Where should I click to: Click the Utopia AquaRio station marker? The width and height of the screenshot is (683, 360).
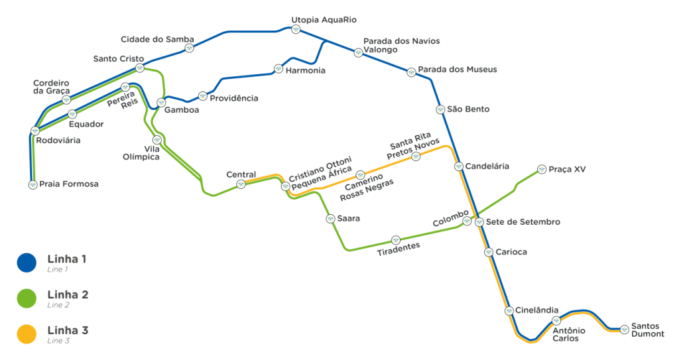pyautogui.click(x=296, y=30)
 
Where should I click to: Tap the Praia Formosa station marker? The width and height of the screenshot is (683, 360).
pyautogui.click(x=32, y=184)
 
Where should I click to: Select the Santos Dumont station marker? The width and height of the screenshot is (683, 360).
pyautogui.click(x=624, y=329)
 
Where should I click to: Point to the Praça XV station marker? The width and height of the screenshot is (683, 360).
pyautogui.click(x=542, y=169)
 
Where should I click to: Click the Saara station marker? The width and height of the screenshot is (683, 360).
pyautogui.click(x=331, y=219)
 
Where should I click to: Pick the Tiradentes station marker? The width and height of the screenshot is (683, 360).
pyautogui.click(x=395, y=240)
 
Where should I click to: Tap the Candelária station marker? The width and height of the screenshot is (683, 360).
pyautogui.click(x=459, y=166)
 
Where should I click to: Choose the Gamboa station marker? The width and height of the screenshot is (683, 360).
pyautogui.click(x=161, y=103)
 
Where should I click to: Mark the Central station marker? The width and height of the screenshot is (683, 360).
pyautogui.click(x=241, y=184)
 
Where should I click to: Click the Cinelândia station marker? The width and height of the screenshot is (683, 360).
pyautogui.click(x=509, y=311)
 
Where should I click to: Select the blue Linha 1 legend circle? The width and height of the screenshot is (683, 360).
pyautogui.click(x=27, y=263)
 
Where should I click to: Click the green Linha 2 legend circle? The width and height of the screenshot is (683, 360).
pyautogui.click(x=27, y=298)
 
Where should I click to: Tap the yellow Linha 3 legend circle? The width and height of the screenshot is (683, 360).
pyautogui.click(x=27, y=334)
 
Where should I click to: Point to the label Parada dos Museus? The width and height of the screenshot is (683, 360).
pyautogui.click(x=458, y=69)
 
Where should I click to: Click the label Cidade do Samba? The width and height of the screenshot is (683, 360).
pyautogui.click(x=157, y=39)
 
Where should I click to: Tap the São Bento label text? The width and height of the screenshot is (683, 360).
pyautogui.click(x=468, y=109)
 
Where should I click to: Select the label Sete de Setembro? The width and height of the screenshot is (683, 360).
pyautogui.click(x=523, y=221)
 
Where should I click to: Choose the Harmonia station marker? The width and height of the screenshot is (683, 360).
pyautogui.click(x=279, y=69)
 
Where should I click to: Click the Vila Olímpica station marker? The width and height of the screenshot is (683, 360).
pyautogui.click(x=156, y=140)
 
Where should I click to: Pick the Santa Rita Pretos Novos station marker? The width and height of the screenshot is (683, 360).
pyautogui.click(x=416, y=156)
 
